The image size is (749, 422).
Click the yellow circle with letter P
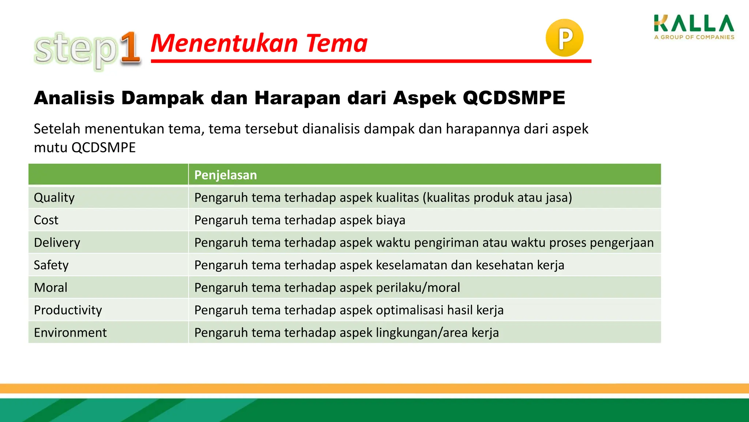coord(564,38)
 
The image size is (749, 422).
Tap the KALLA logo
coord(694,24)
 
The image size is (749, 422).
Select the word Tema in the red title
coord(336,43)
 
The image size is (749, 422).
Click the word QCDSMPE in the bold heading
coord(514,98)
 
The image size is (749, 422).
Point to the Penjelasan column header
coord(225,175)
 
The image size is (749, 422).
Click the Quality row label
coord(54,197)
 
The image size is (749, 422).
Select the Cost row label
coord(46,220)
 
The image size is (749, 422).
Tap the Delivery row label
coord(57,243)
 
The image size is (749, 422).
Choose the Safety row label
coord(51,265)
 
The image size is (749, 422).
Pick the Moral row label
coord(50,288)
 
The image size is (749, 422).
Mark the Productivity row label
coord(68,310)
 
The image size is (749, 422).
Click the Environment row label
coord(70,333)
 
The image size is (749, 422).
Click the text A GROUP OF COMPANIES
coord(694,37)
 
